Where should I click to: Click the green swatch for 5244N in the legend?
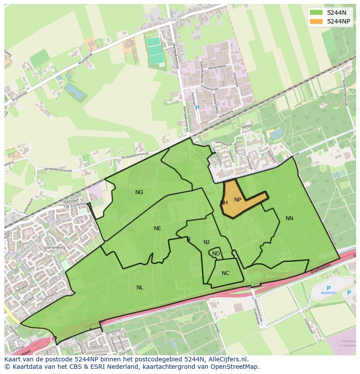316,13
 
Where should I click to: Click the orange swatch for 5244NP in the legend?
316,21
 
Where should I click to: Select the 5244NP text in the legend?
339,21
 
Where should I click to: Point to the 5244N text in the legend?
337,13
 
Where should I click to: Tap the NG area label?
139,192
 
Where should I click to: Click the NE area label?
157,228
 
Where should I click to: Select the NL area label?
140,288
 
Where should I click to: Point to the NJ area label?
207,242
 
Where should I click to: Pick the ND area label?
216,254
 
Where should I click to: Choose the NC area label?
225,273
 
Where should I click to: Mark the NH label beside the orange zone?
224,203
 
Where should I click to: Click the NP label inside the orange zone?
238,200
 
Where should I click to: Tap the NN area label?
290,218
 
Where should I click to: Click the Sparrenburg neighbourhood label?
54,247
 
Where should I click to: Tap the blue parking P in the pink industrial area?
197,108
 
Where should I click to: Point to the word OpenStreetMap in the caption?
237,367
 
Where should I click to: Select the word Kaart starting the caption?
13,359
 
